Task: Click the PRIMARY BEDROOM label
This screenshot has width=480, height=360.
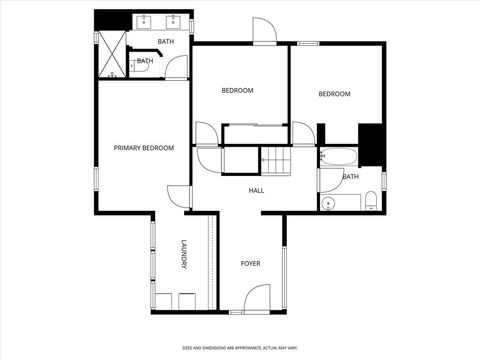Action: pyautogui.click(x=144, y=148)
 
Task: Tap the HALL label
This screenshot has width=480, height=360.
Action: pyautogui.click(x=257, y=189)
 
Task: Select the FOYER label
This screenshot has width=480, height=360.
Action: pyautogui.click(x=251, y=264)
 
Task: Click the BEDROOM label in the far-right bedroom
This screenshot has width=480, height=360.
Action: pyautogui.click(x=335, y=95)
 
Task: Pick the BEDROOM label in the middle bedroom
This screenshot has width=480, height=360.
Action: pyautogui.click(x=238, y=91)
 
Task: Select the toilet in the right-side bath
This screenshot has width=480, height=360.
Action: pyautogui.click(x=370, y=200)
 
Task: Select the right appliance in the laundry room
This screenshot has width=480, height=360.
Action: pyautogui.click(x=186, y=302)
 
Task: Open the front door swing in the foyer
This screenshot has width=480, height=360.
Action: pyautogui.click(x=257, y=297)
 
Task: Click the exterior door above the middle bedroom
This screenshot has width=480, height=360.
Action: pyautogui.click(x=265, y=32)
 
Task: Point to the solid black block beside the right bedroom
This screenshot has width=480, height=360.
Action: pyautogui.click(x=372, y=144)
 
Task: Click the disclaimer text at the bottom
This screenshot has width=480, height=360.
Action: pyautogui.click(x=240, y=346)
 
